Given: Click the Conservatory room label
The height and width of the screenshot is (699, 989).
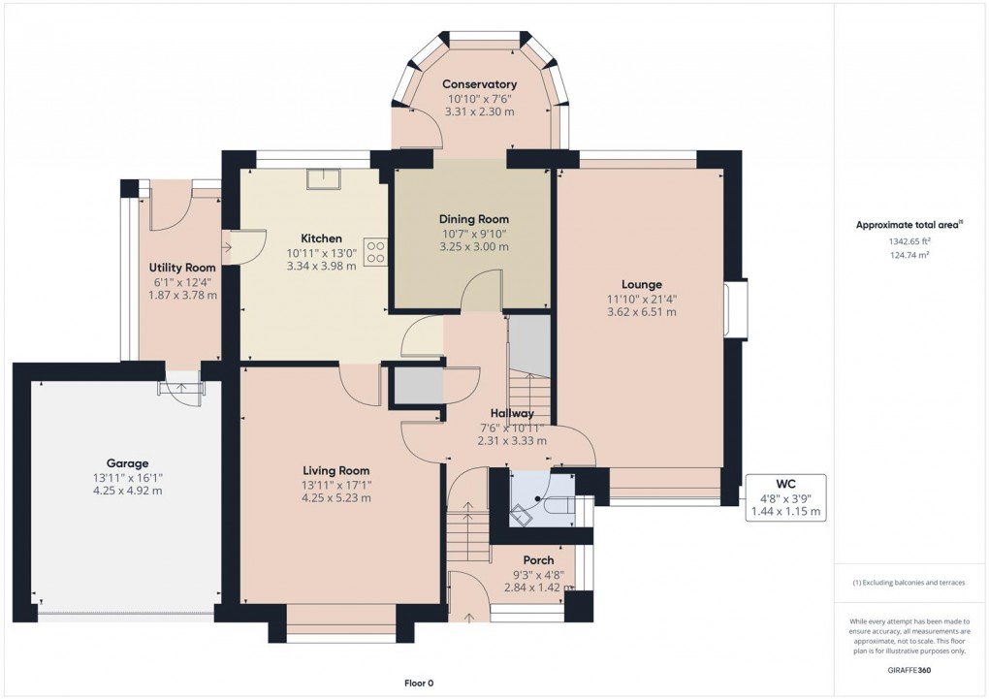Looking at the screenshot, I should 481,84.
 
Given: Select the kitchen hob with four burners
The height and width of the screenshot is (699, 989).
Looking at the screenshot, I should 375,252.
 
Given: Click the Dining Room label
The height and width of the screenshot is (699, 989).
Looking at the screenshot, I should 473,219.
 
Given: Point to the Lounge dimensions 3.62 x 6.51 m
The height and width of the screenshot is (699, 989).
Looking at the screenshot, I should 641,312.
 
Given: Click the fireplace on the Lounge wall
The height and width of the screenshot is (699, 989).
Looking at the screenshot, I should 737,309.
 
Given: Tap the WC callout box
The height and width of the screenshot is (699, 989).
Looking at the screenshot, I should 784,497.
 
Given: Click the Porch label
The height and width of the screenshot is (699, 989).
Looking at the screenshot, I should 538,560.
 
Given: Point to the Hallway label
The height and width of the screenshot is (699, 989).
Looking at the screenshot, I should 512,413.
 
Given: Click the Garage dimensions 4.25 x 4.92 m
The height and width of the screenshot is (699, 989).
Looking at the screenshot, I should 121,491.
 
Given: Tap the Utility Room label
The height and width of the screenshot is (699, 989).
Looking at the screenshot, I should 181,268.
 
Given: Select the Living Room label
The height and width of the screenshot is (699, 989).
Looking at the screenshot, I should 336,470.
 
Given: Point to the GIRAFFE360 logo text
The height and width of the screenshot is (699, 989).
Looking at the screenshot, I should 910,671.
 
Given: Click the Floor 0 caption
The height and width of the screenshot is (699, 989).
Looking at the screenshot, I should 419,683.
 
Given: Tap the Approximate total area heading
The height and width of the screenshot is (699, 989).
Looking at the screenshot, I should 908,225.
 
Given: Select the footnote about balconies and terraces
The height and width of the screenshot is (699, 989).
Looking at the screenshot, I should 909,583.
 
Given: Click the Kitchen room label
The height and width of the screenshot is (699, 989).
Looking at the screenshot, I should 321,238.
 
